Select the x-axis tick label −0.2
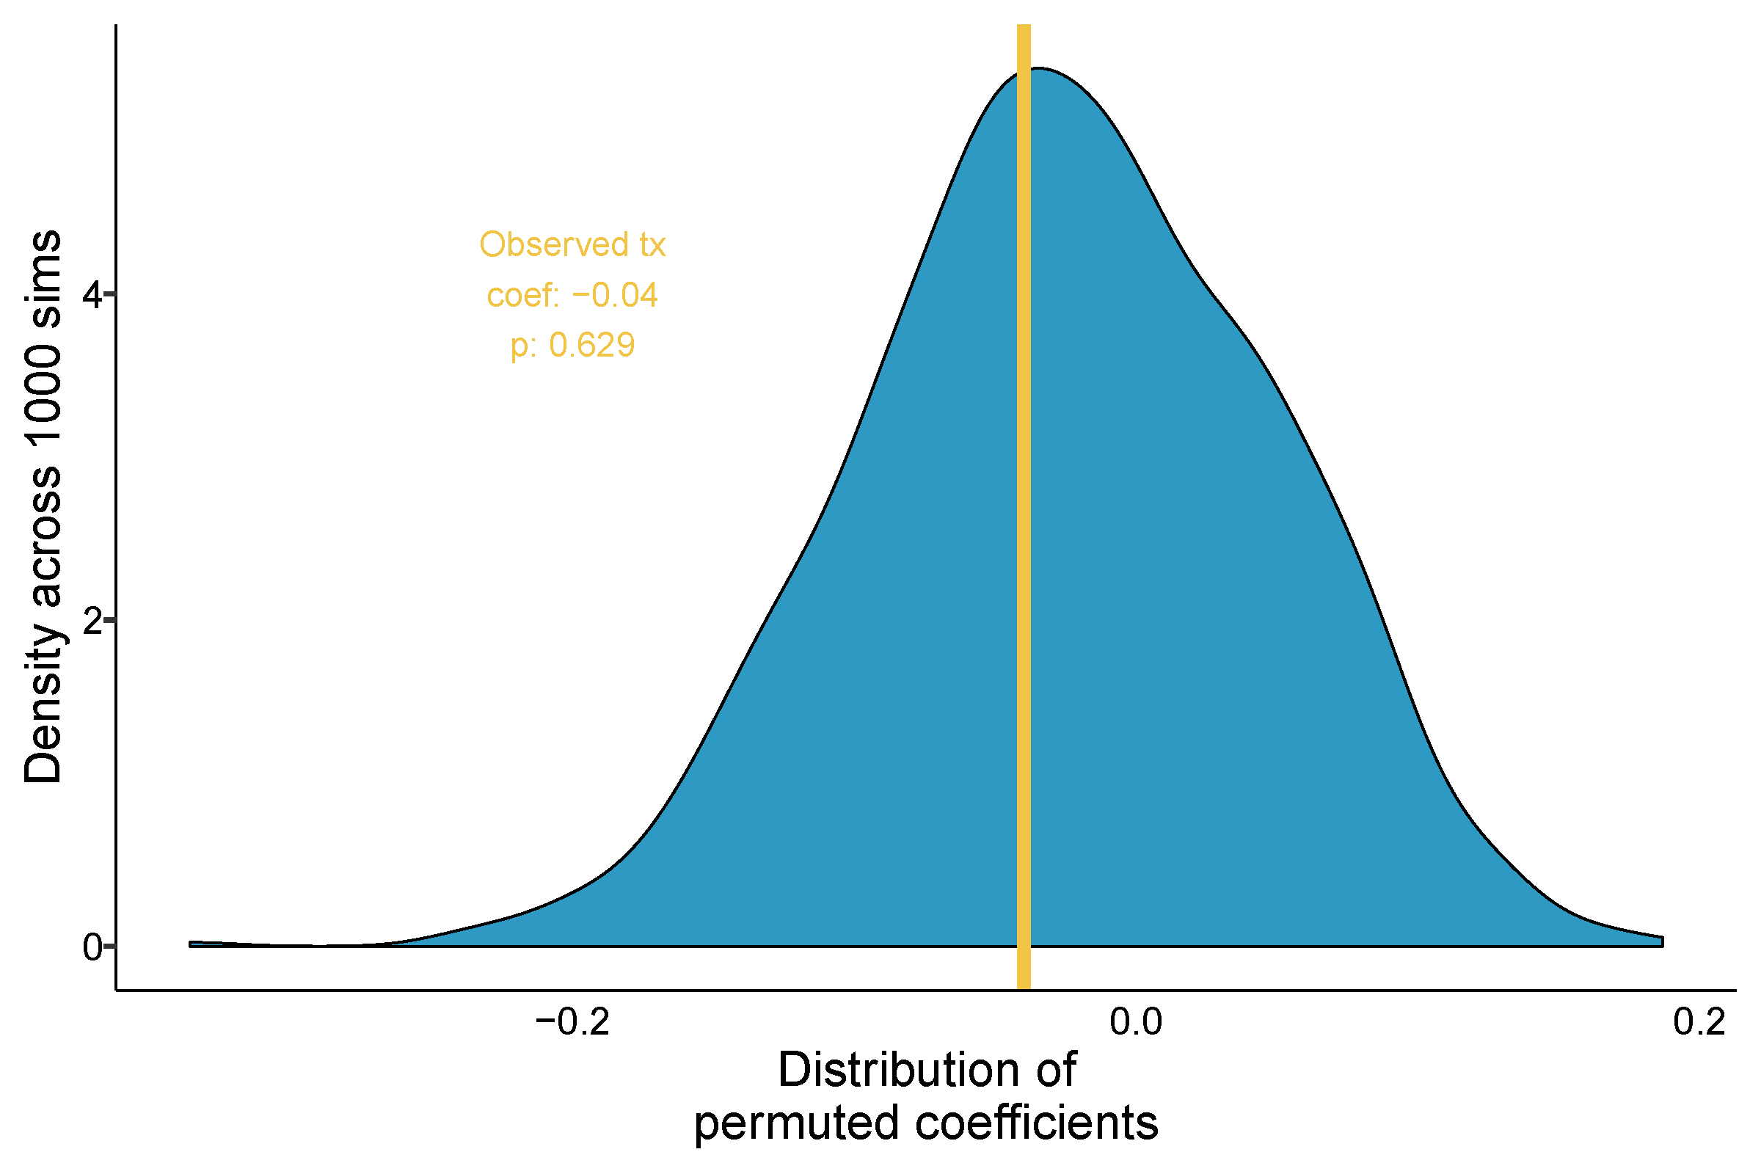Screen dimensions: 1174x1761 point(573,1023)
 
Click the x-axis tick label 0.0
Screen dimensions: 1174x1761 point(1136,1023)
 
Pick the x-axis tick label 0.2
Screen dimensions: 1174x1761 point(1699,1023)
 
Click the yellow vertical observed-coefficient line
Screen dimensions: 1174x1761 point(1024,524)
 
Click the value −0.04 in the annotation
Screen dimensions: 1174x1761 point(615,295)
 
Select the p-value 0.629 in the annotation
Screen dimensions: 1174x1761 point(591,345)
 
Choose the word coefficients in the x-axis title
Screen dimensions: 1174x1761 point(1037,1124)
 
